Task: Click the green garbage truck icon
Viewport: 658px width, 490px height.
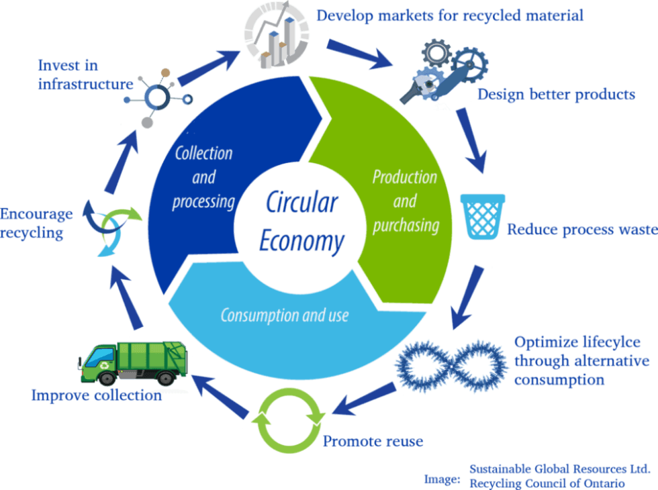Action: (x=134, y=363)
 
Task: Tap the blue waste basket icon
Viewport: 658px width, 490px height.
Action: (x=482, y=215)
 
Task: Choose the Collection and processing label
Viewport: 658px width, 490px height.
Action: (x=203, y=177)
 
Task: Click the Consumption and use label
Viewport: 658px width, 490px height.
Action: (x=285, y=314)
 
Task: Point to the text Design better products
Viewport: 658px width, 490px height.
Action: (x=555, y=95)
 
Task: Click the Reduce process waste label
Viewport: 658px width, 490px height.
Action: (x=581, y=230)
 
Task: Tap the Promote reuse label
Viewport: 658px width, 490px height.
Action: (x=373, y=442)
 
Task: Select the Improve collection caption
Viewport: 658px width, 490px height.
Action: (x=97, y=395)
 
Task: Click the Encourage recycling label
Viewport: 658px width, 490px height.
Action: (x=36, y=224)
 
